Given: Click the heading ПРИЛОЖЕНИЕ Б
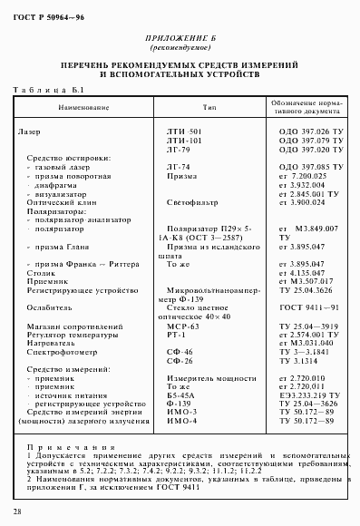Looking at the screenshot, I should coord(180,38).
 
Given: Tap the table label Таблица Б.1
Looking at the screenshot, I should coord(50,91).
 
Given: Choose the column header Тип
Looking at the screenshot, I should coord(209,107).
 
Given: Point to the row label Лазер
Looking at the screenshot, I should coord(29,132).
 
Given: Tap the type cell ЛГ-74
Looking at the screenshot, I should coord(179,168).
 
